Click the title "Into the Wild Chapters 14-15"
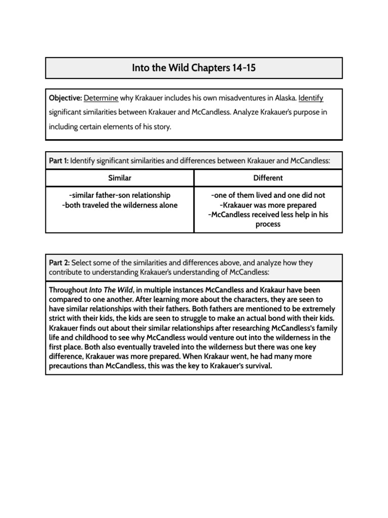(x=194, y=68)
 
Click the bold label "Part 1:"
(x=59, y=161)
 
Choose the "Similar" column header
(x=120, y=178)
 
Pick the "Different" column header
(x=268, y=178)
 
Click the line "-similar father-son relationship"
(x=120, y=195)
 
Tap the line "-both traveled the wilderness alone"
(x=120, y=205)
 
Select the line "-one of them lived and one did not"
(x=268, y=195)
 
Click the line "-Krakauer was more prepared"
(x=268, y=205)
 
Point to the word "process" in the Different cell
(x=268, y=224)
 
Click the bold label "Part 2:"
(x=59, y=263)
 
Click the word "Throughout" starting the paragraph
(x=68, y=290)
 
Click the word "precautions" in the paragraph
(x=70, y=366)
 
